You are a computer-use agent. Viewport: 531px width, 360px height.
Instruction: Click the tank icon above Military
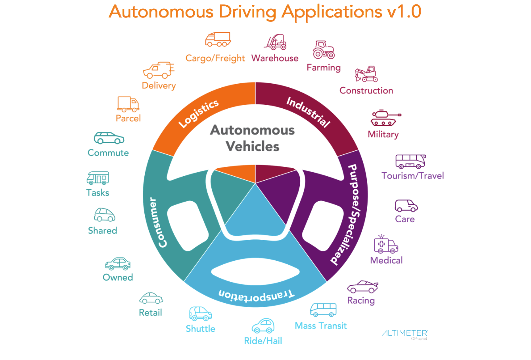click(x=385, y=118)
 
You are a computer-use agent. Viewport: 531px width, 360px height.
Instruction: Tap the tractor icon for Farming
click(x=323, y=50)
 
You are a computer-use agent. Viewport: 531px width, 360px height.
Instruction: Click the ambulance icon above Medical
click(x=385, y=244)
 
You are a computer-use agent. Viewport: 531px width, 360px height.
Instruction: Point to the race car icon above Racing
click(x=362, y=287)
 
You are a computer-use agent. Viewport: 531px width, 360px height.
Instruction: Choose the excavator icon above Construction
click(x=366, y=74)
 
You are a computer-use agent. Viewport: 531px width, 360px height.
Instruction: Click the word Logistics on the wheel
click(x=198, y=114)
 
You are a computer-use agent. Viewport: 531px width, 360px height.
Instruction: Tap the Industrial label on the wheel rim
click(x=309, y=112)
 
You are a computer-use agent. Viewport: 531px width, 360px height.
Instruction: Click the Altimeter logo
click(x=405, y=334)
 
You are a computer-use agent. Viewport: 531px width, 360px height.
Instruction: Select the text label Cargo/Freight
click(x=215, y=58)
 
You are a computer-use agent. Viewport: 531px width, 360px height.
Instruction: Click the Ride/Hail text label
click(x=263, y=341)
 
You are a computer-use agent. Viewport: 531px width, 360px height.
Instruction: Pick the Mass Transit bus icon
click(x=323, y=310)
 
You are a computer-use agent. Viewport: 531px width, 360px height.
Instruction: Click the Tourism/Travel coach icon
click(x=410, y=162)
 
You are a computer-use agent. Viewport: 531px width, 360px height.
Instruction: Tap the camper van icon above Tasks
click(x=98, y=178)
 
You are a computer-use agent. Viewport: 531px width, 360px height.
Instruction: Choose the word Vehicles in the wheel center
click(x=253, y=146)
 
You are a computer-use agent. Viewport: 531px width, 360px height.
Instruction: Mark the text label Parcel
click(x=128, y=118)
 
